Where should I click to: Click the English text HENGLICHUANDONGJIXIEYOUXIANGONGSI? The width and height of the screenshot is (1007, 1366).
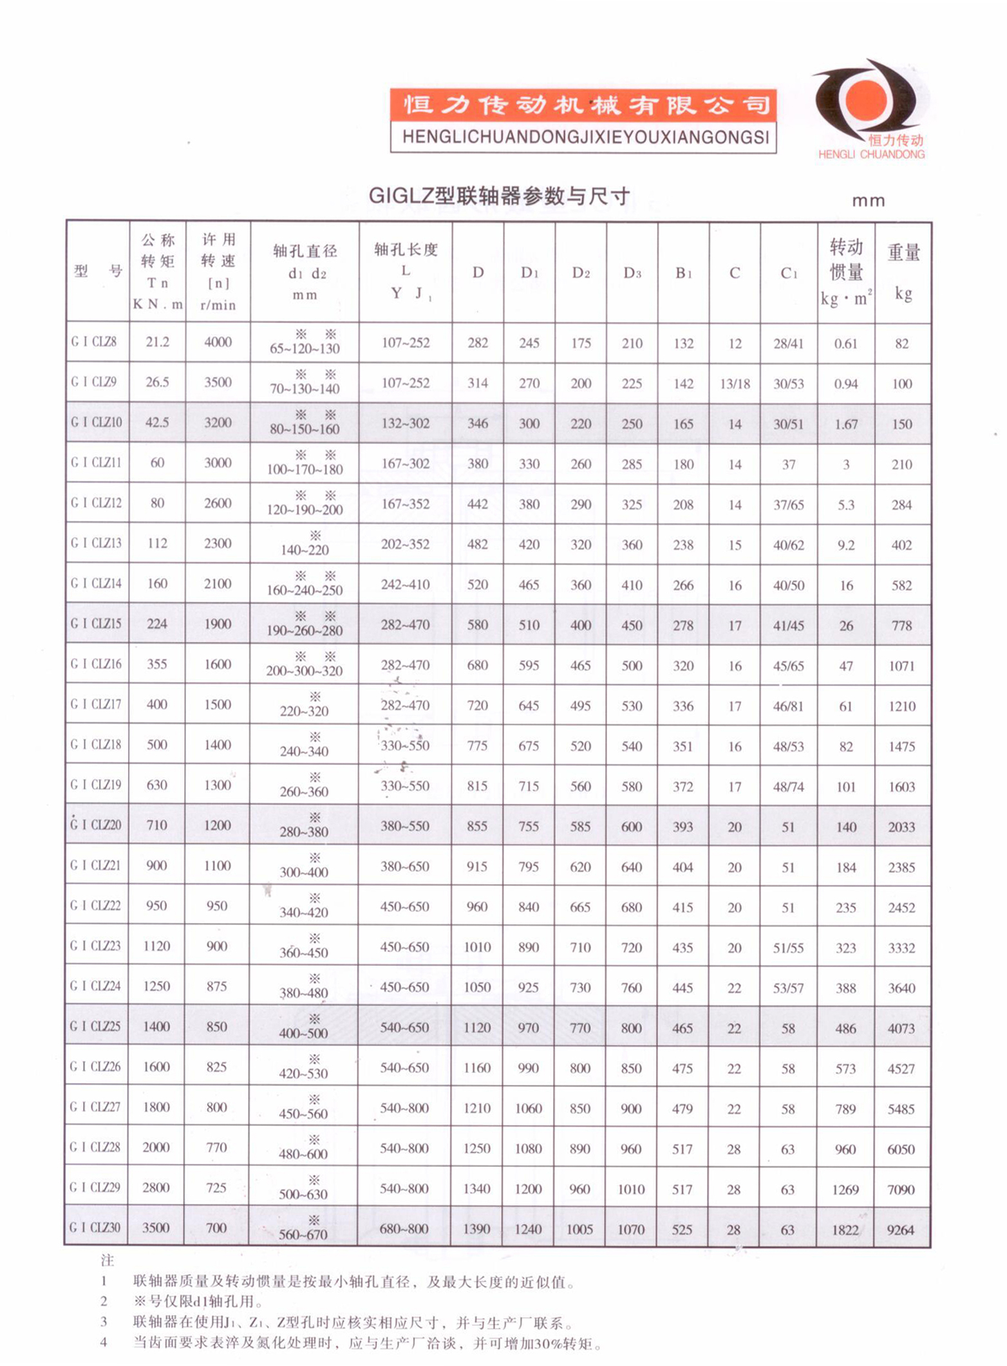click(x=585, y=137)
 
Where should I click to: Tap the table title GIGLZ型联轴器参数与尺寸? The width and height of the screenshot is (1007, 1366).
click(x=499, y=196)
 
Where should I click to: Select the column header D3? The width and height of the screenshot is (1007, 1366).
click(x=632, y=273)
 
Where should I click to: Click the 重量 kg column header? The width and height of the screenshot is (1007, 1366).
click(x=903, y=272)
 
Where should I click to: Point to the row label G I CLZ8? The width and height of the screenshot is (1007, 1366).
click(x=94, y=342)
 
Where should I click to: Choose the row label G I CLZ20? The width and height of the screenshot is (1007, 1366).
click(x=96, y=825)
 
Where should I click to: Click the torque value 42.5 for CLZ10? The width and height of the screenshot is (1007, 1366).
click(x=157, y=422)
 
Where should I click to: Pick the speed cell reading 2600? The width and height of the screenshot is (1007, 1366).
click(x=218, y=503)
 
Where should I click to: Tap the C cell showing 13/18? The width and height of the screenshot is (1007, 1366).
click(x=735, y=384)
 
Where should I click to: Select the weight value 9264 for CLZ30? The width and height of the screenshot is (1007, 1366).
click(x=900, y=1230)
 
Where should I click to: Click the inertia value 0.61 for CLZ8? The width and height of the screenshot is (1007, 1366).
click(x=845, y=343)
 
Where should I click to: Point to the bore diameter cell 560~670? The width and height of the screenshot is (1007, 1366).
click(x=303, y=1234)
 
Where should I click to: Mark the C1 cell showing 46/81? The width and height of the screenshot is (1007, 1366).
click(x=788, y=706)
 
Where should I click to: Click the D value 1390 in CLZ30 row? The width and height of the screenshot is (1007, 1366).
click(x=476, y=1229)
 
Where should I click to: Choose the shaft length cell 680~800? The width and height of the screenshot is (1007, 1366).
click(x=404, y=1229)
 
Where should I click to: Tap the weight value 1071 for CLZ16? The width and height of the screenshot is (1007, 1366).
click(x=901, y=666)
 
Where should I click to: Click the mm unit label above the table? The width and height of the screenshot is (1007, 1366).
click(x=868, y=201)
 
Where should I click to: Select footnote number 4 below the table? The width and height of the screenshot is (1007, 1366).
click(x=104, y=1343)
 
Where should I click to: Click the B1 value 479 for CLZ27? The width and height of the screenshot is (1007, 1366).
click(x=682, y=1109)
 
